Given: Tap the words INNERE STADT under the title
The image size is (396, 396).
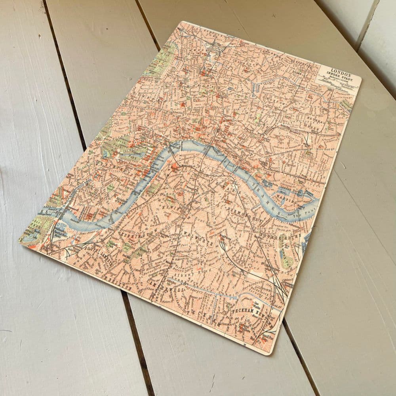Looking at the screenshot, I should (334, 72).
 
